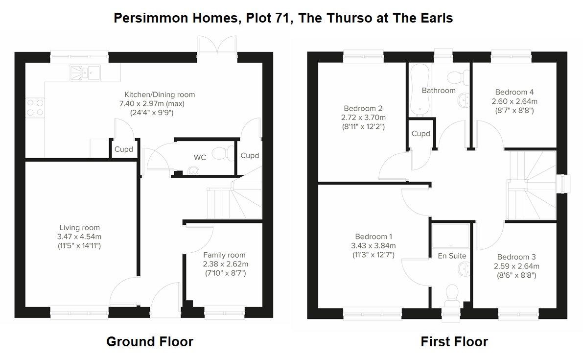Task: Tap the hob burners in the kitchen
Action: click(x=35, y=107)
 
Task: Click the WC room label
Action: click(x=200, y=157)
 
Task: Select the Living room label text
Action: click(x=79, y=228)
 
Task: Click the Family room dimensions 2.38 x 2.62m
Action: click(x=226, y=264)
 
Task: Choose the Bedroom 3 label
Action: click(x=516, y=257)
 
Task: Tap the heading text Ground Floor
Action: click(x=150, y=341)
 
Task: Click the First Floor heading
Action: click(x=454, y=341)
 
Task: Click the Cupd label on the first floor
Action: click(x=420, y=134)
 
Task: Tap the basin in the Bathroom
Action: click(x=463, y=100)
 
